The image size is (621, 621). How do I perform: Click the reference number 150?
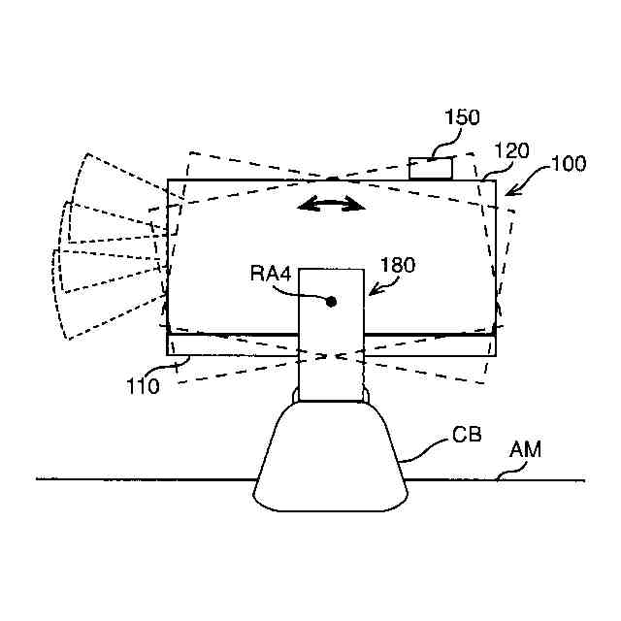pos(461,118)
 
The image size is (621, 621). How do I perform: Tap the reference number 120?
pos(510,150)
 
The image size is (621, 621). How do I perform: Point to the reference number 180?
pos(398,264)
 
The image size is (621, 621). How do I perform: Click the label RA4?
pos(272,275)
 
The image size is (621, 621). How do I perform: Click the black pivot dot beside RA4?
pos(331,302)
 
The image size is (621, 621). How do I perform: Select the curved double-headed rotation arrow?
pos(331,204)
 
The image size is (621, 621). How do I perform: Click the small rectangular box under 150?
pos(430,168)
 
